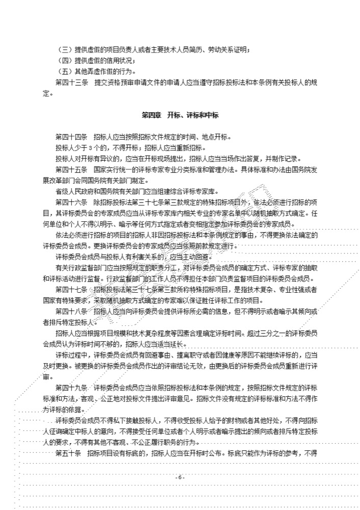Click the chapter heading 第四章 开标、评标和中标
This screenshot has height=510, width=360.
(x=180, y=115)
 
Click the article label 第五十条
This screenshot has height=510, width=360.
(x=68, y=453)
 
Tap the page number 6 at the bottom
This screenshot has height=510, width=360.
(x=180, y=477)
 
